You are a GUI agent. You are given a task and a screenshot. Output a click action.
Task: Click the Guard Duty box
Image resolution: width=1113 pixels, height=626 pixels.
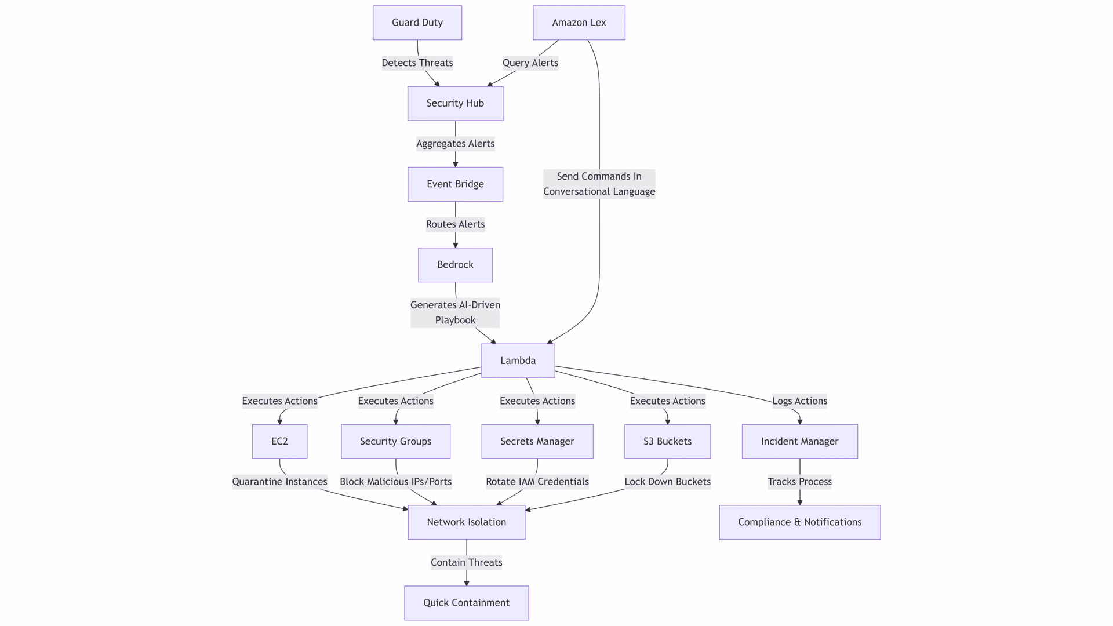coord(417,23)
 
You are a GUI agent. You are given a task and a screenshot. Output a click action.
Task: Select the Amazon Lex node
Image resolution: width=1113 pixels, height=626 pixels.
coord(579,23)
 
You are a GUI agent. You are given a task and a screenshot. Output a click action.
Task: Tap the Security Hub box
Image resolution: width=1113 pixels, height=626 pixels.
coord(455,103)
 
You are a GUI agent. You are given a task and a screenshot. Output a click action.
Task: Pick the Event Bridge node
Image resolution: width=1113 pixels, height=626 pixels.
coord(455,184)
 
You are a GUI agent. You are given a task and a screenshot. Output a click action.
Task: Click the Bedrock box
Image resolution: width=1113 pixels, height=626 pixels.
coord(455,265)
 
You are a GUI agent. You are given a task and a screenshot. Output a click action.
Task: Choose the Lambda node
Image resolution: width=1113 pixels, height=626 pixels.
coord(518,361)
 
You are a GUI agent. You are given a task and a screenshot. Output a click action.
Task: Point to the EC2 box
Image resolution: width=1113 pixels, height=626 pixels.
coord(279,441)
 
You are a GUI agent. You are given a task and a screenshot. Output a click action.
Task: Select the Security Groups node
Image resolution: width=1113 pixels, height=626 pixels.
coord(395,441)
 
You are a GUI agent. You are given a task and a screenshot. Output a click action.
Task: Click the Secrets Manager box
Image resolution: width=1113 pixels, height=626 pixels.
coord(537,441)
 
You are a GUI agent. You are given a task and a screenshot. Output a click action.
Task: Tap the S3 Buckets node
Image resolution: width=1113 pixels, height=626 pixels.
coord(667,441)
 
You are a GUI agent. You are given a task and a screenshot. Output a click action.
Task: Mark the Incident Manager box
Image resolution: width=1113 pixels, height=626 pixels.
coord(799,441)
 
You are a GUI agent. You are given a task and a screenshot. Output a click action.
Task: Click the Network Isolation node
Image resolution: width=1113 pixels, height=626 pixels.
coord(466,522)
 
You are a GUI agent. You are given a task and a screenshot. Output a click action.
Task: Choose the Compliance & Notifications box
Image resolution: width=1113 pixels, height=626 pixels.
coord(799,522)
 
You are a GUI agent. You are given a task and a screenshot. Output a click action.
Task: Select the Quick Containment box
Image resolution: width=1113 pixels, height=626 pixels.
coord(466,603)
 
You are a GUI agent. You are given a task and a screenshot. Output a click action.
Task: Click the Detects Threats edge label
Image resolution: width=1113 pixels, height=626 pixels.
coord(417,63)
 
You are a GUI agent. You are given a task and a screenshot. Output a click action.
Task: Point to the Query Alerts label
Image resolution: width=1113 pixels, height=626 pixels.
coord(530,63)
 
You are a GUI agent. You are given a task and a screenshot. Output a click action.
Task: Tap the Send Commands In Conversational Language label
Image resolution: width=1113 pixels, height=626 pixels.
coord(599,184)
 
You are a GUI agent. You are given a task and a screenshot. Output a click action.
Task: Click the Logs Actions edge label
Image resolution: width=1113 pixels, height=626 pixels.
coord(799,401)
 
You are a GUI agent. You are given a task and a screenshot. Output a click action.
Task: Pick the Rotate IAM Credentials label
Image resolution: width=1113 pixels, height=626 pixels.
coord(537,481)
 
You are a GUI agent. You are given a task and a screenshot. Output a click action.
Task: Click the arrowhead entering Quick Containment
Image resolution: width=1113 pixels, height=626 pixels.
coord(466,583)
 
